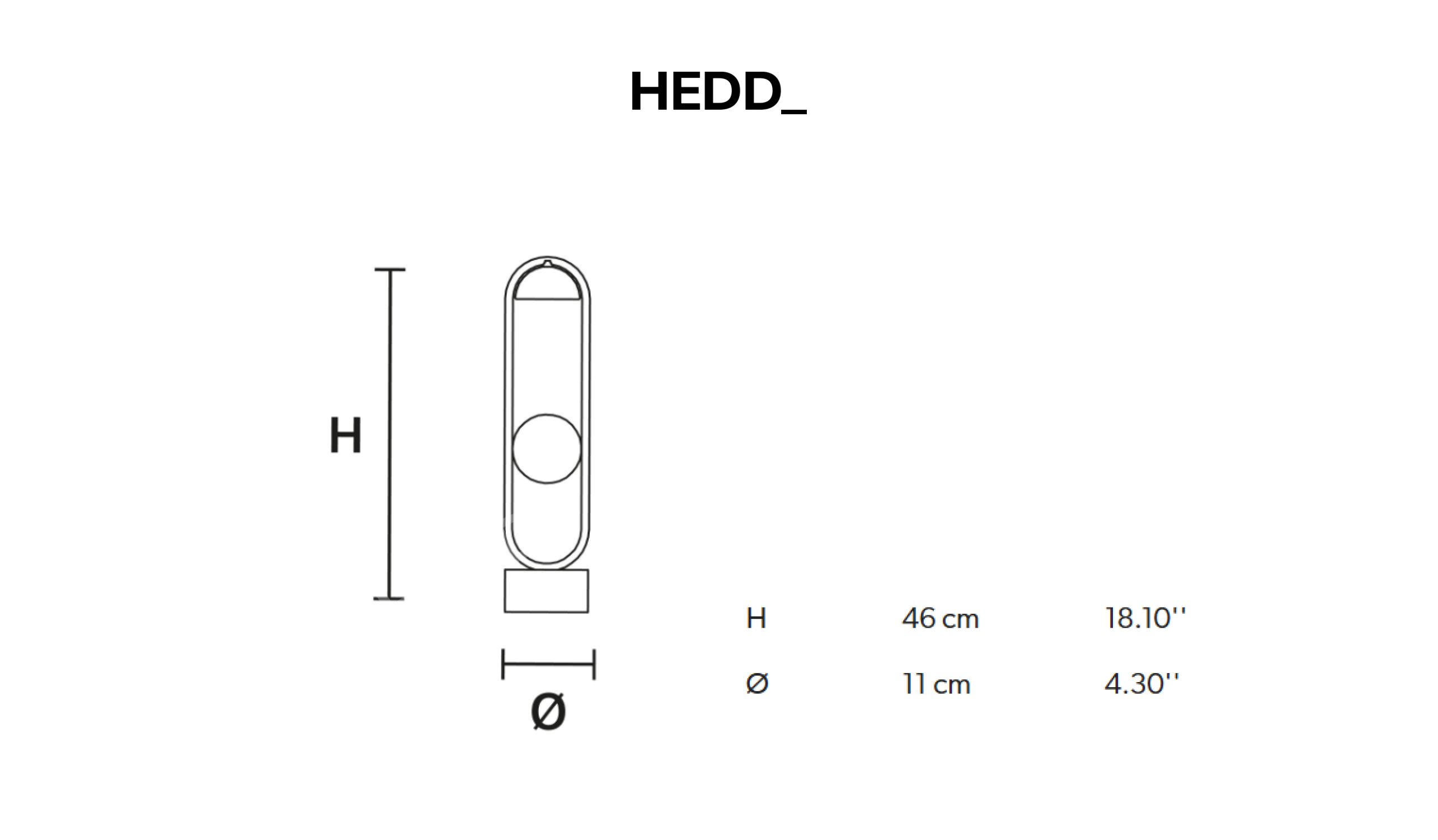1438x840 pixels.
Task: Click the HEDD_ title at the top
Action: point(718,92)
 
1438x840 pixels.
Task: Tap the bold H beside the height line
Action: point(346,436)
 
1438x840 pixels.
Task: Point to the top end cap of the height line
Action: point(390,269)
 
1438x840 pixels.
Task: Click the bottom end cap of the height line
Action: point(389,599)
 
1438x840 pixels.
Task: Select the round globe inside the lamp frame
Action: point(547,449)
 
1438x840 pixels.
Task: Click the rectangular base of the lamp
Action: point(546,591)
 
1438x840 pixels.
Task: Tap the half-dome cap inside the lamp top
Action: point(547,282)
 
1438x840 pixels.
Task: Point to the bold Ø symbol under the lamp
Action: point(548,712)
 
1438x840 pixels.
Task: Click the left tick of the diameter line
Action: point(502,664)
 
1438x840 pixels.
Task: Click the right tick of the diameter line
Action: point(594,664)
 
